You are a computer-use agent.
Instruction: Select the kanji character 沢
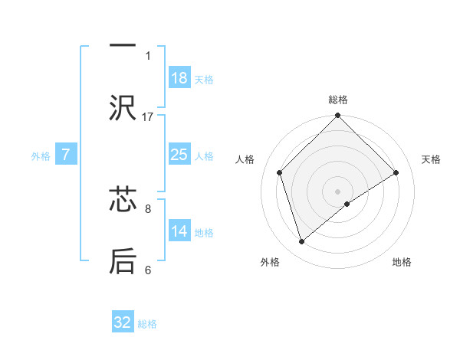pyautogui.click(x=123, y=108)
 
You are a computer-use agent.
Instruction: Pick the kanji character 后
pyautogui.click(x=123, y=260)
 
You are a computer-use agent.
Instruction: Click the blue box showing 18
pyautogui.click(x=179, y=78)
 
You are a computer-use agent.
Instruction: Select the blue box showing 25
pyautogui.click(x=179, y=155)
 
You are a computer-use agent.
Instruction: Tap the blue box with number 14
pyautogui.click(x=179, y=231)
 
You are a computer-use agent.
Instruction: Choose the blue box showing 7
pyautogui.click(x=66, y=155)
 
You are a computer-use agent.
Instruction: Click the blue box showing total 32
pyautogui.click(x=123, y=322)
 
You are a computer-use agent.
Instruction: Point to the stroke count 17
pyautogui.click(x=148, y=116)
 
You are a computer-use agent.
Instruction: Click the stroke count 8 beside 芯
pyautogui.click(x=148, y=208)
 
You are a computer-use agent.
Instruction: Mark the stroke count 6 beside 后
pyautogui.click(x=148, y=270)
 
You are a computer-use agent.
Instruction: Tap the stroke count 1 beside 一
pyautogui.click(x=148, y=55)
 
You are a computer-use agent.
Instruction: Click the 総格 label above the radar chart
pyautogui.click(x=337, y=100)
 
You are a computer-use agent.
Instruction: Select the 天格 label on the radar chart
pyautogui.click(x=431, y=159)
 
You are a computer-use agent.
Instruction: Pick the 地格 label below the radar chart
pyautogui.click(x=402, y=262)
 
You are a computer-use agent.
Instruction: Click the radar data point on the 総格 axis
pyautogui.click(x=337, y=116)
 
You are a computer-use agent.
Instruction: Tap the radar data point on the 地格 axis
pyautogui.click(x=347, y=204)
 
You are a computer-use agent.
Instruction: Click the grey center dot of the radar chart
pyautogui.click(x=337, y=190)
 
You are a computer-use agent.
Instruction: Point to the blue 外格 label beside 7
pyautogui.click(x=41, y=155)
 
